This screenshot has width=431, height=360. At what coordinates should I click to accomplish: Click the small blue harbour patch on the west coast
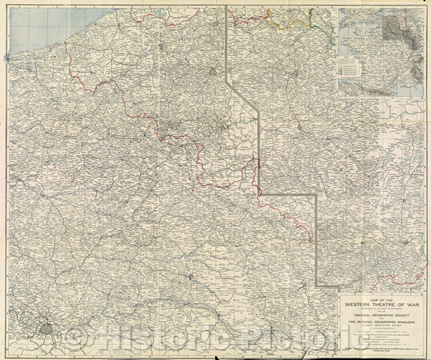pos(12,57)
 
